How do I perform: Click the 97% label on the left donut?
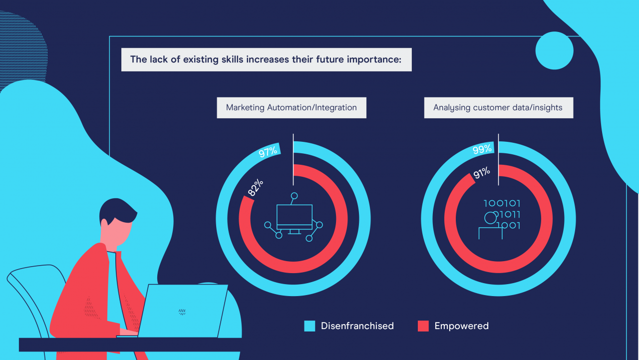tap(268, 151)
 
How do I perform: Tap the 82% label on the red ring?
tap(255, 187)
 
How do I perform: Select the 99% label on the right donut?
tap(482, 149)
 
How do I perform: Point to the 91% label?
tap(482, 173)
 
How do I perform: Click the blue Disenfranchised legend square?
tap(310, 326)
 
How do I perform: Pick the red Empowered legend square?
tap(423, 326)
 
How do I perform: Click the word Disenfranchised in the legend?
tap(357, 326)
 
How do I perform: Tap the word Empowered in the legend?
tap(462, 326)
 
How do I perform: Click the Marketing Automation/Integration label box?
tap(292, 108)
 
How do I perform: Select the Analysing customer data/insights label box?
tap(499, 108)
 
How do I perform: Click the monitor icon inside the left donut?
tap(294, 217)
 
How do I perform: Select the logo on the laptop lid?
tap(182, 312)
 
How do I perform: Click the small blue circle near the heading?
tap(554, 50)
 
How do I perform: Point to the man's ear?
tap(104, 225)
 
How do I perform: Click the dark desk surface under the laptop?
tap(130, 345)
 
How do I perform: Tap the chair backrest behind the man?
tap(31, 288)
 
